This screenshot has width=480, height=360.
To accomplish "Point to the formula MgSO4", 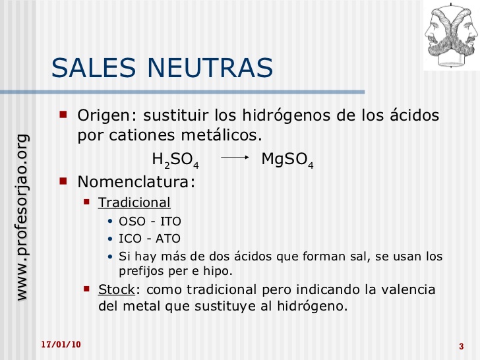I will coord(287,160).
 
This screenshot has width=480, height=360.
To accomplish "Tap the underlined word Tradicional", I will coord(135,202).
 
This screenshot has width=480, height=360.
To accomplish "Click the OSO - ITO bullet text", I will coord(150,222).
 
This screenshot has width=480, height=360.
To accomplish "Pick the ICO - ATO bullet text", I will coord(149,239).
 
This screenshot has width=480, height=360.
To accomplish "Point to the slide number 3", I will coord(460,347).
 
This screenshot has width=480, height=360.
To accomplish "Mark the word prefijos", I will coord(141,270).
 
